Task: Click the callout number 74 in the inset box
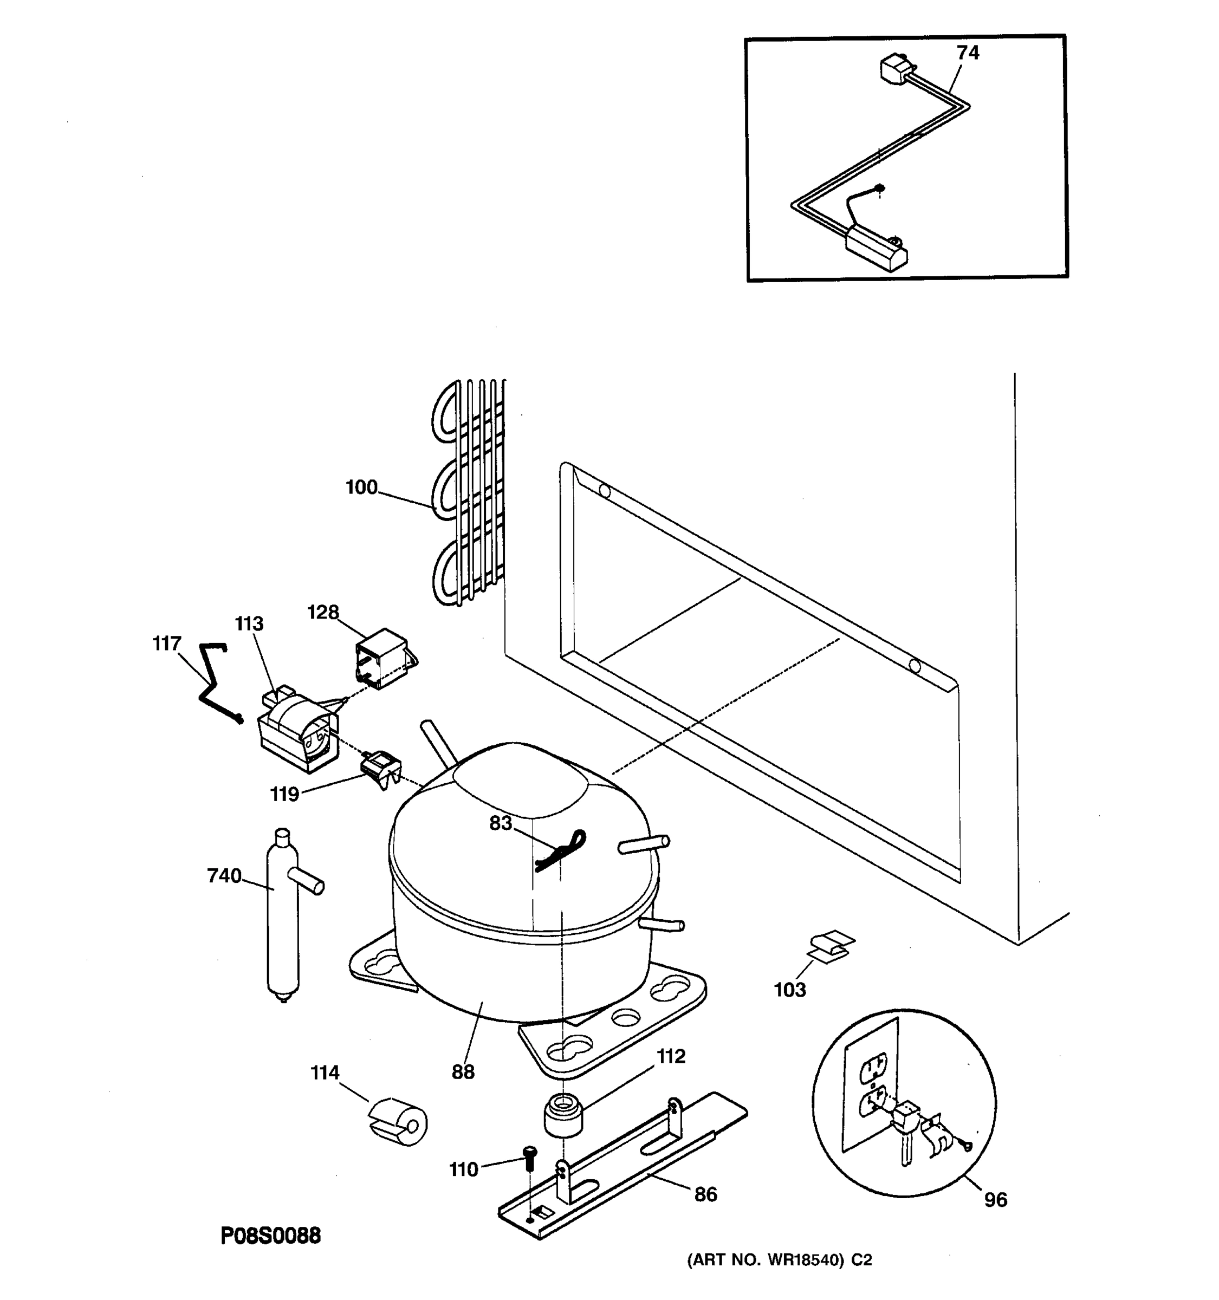(967, 53)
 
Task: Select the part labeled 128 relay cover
(382, 658)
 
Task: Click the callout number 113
(249, 624)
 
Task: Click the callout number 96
(995, 1199)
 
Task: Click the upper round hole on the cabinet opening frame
(604, 491)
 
